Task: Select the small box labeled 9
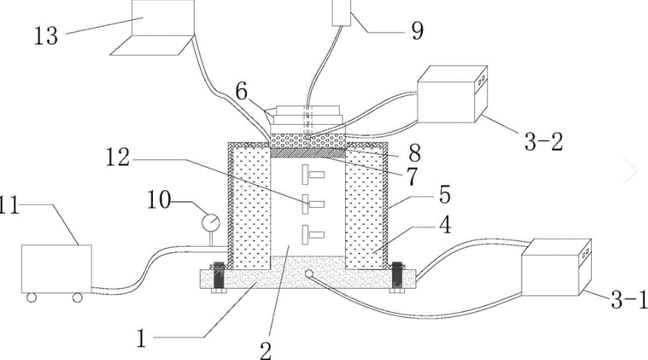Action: point(342,12)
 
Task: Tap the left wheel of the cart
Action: point(31,297)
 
